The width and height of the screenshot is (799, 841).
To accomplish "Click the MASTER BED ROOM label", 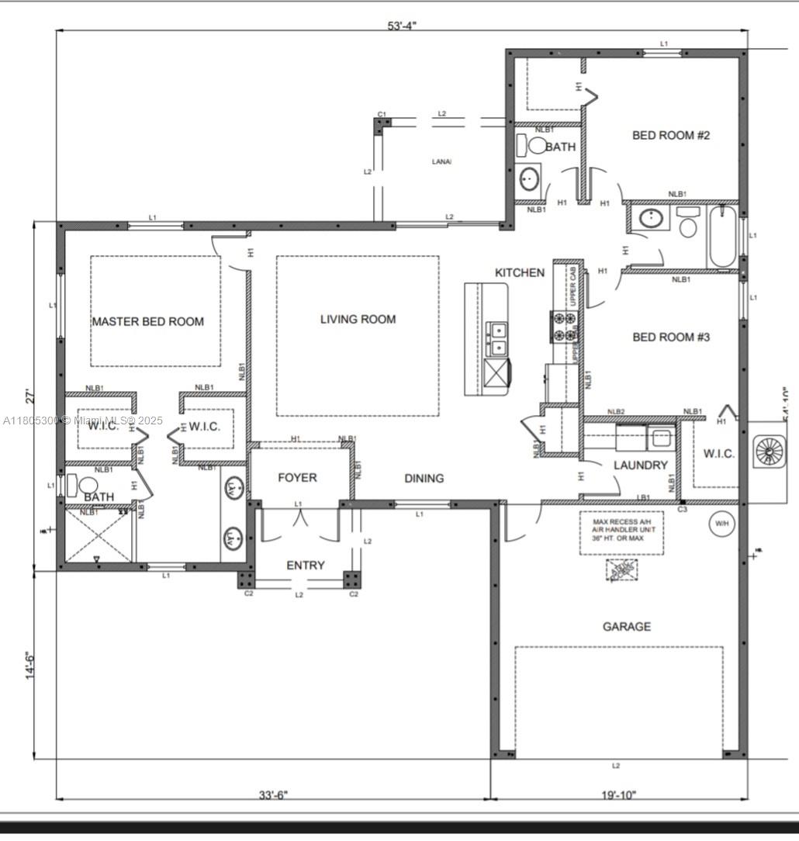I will coord(148,321).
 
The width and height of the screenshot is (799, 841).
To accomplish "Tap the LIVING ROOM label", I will coord(358,319).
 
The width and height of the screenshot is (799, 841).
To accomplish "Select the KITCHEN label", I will coord(520,272).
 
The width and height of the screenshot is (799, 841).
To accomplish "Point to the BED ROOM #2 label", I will coord(671,135).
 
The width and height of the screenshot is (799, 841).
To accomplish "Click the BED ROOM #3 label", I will coord(671,337).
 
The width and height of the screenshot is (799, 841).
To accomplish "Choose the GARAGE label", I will coord(627,626).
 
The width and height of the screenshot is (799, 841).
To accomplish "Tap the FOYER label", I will coord(297,477).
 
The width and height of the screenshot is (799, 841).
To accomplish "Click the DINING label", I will coord(424,478).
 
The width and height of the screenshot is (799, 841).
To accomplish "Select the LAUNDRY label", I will coord(640,465).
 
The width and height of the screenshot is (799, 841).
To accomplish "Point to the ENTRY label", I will coord(306,565).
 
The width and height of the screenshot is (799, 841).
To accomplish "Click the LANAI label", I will coord(441,161).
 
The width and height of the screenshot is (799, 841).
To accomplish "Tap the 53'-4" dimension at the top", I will coord(403,25).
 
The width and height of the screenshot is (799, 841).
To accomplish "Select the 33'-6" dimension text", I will coord(273,794).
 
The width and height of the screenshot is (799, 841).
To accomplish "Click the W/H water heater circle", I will coord(721,524).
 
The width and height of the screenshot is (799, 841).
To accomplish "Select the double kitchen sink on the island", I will coord(496,335).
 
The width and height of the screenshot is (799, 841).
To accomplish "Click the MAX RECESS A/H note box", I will coord(621,532).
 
